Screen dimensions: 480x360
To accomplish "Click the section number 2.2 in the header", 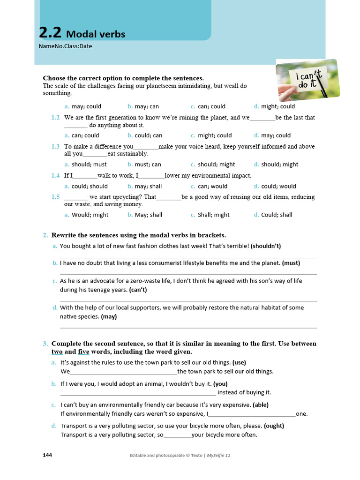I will pos(50,32).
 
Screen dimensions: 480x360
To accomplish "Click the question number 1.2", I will pos(55,118).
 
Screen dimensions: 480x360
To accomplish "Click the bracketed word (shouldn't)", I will pos(266,246).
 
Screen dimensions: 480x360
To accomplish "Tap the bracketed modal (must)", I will pos(291,263).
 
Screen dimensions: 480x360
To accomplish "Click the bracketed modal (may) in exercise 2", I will pos(109,316).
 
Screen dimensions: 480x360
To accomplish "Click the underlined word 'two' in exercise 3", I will pos(57,352).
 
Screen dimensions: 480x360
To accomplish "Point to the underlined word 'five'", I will pos(83,352).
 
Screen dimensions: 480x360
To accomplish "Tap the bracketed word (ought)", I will pos(274,426).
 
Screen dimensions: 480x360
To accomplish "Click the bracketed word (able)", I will pos(260,405).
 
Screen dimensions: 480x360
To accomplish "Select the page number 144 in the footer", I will pos(47,455).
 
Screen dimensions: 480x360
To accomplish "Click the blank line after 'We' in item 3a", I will pos(123,372).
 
